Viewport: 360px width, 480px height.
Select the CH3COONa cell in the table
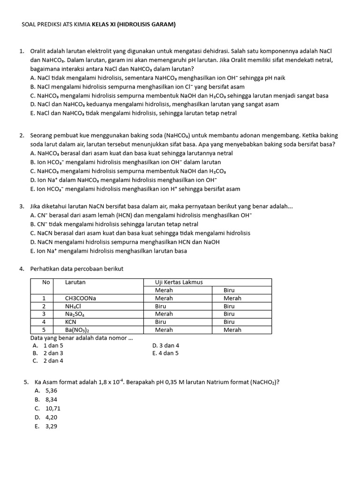click(x=80, y=298)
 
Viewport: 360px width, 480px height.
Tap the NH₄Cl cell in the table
click(x=74, y=306)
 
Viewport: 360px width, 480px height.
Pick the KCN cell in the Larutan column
click(x=71, y=322)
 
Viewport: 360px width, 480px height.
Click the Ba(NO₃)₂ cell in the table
click(x=78, y=330)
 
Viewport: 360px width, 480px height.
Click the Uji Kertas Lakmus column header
click(x=179, y=282)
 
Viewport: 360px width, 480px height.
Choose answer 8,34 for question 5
click(x=51, y=399)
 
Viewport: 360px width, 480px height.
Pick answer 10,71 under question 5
click(x=53, y=408)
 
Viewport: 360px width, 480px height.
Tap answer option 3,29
click(x=51, y=426)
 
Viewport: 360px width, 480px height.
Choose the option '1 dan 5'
click(x=53, y=345)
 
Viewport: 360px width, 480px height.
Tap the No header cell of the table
click(x=46, y=282)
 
